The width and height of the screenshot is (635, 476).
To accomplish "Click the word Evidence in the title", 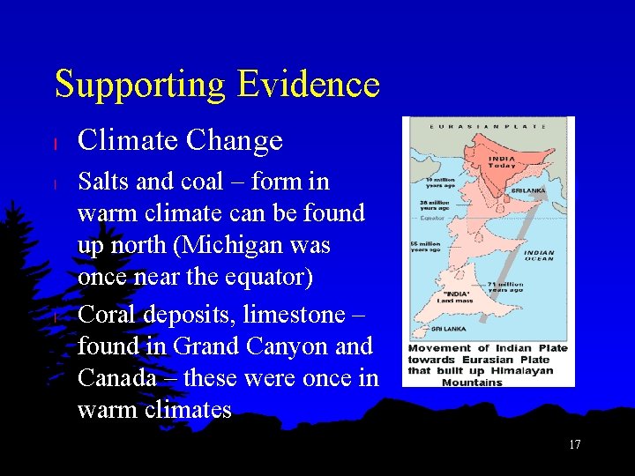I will click(x=308, y=85).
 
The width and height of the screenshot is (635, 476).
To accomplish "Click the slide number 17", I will click(x=574, y=444).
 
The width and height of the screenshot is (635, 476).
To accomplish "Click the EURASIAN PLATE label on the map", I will click(x=486, y=126).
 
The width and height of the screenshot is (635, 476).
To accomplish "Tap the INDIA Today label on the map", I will click(x=502, y=162).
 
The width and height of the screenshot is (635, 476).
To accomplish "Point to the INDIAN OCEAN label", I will click(x=539, y=256).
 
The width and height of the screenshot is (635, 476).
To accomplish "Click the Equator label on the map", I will click(x=431, y=217).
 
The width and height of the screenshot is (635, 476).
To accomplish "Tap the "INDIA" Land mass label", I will click(x=458, y=296).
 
